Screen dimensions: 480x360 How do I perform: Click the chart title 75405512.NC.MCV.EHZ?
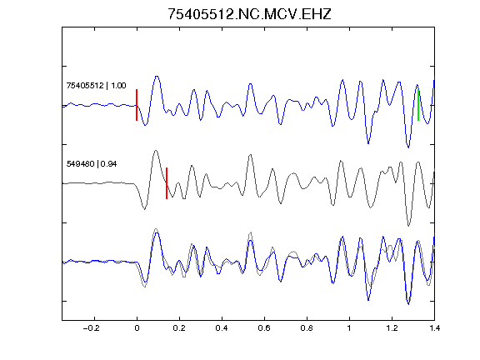[x=249, y=14]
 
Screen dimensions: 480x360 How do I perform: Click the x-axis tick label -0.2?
[x=91, y=328]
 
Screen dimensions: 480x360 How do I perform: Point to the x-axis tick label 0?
[x=137, y=328]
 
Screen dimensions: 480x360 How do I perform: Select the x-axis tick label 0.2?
[x=179, y=328]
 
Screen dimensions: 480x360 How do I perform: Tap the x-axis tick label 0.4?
[x=222, y=328]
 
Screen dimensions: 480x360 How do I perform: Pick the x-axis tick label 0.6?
[x=264, y=328]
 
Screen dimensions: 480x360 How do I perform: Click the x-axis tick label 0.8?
[x=307, y=328]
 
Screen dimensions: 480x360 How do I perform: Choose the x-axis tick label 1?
[x=349, y=328]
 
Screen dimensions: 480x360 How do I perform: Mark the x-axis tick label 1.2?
[x=392, y=328]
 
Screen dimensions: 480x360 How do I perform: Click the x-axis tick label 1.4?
[x=434, y=328]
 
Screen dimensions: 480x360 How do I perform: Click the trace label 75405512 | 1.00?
[x=96, y=85]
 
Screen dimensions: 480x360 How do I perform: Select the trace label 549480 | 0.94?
[x=92, y=164]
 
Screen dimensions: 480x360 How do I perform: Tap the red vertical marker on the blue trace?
[x=137, y=105]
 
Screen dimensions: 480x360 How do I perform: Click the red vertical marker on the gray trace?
[x=167, y=183]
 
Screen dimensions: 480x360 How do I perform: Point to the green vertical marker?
[x=418, y=105]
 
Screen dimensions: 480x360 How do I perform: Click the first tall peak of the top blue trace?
[x=157, y=76]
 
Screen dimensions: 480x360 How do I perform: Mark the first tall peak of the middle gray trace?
[x=156, y=151]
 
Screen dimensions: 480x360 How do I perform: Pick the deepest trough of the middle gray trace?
[x=408, y=226]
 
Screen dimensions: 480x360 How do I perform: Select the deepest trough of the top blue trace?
[x=408, y=147]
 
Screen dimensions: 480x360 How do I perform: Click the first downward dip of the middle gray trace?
[x=144, y=209]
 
